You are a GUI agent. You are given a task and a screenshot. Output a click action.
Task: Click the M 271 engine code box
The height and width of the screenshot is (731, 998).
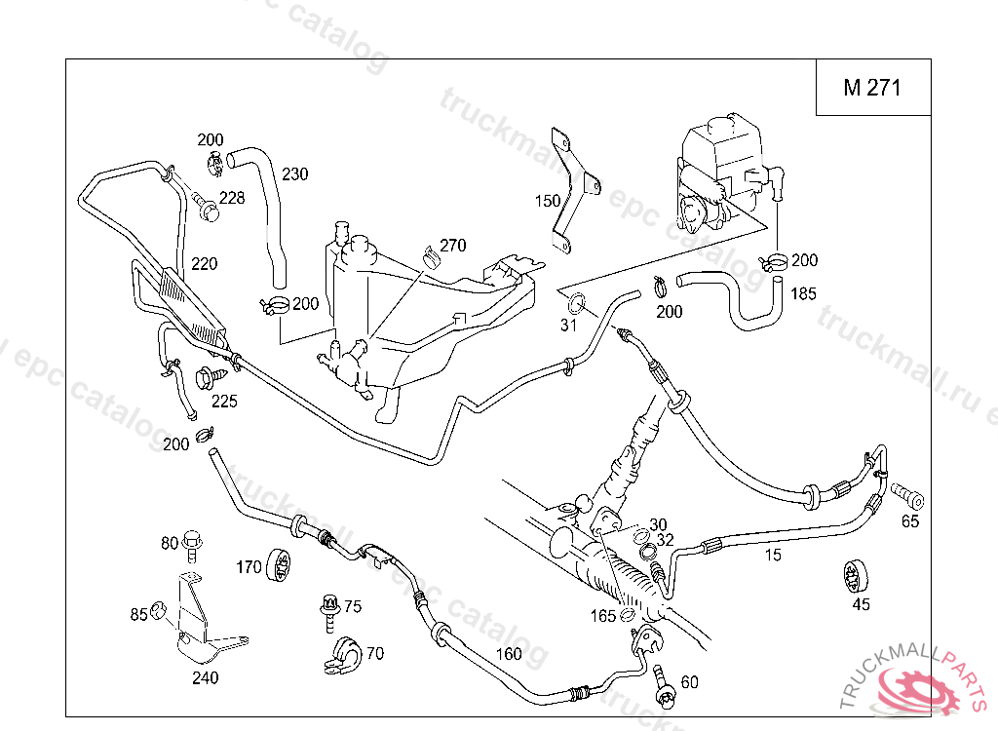[872, 88]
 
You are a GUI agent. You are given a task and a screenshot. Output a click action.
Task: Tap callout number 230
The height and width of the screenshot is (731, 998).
[295, 174]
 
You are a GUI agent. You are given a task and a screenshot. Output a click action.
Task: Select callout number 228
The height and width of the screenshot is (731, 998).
[232, 198]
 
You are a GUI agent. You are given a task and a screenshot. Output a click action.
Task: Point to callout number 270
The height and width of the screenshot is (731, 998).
[453, 245]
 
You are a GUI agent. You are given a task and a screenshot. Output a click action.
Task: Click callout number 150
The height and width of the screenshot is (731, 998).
[548, 201]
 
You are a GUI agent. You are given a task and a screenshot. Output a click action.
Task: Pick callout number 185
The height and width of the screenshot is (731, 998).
[803, 293]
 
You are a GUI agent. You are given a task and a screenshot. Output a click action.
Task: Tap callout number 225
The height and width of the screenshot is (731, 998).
[224, 401]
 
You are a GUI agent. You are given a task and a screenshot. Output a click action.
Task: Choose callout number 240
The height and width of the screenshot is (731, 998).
[205, 678]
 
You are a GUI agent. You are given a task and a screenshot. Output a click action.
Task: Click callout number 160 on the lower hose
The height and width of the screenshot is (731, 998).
[510, 654]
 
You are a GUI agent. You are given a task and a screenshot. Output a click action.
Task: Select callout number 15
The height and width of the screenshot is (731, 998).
[773, 556]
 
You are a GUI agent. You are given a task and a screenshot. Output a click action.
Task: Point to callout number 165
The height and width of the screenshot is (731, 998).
[603, 615]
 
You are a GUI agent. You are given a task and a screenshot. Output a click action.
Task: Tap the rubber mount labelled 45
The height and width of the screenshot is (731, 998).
[855, 576]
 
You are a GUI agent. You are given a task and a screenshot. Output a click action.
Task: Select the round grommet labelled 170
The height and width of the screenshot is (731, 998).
[281, 564]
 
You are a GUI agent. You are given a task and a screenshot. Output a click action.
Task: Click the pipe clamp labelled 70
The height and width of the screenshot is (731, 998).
[342, 656]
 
